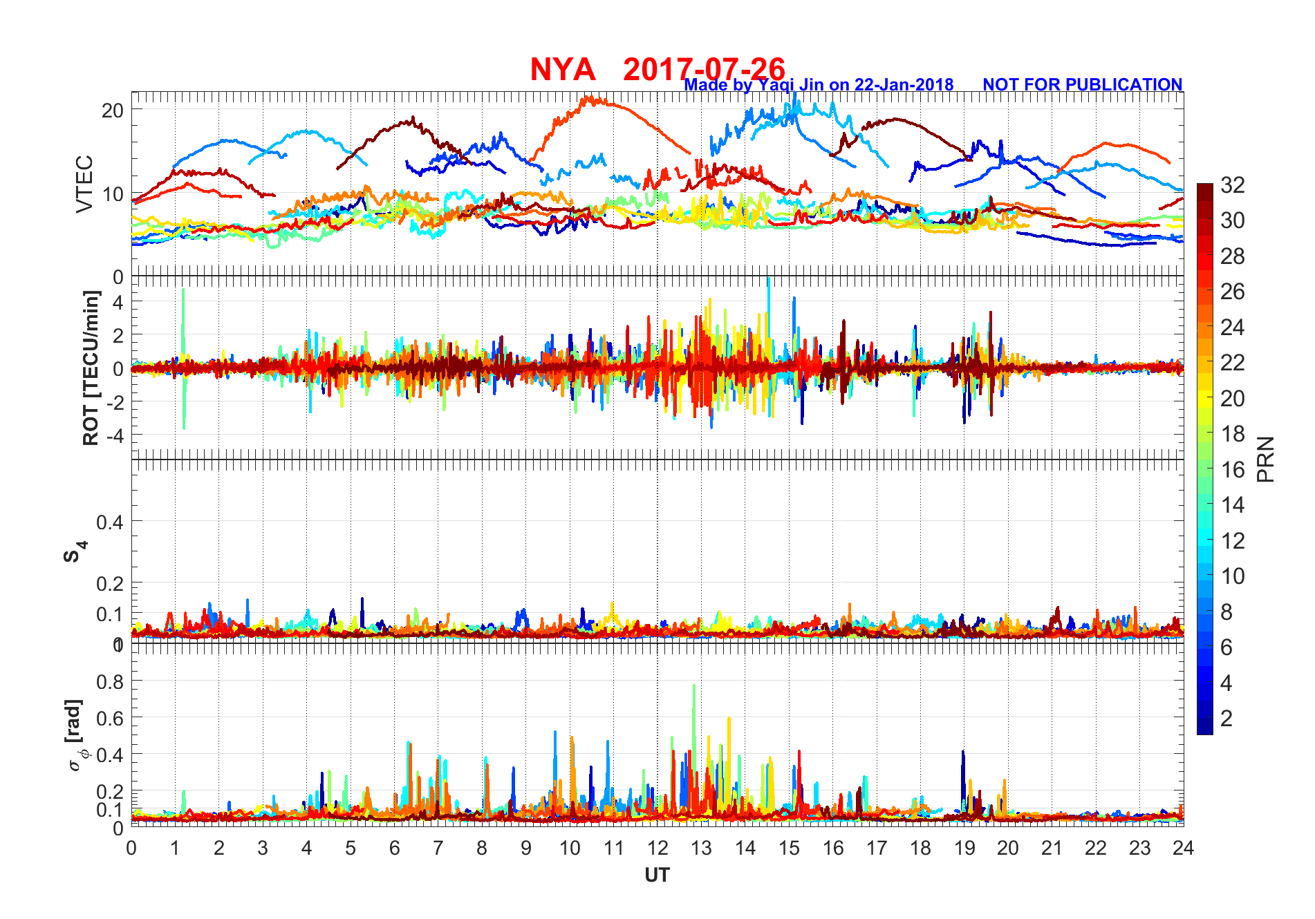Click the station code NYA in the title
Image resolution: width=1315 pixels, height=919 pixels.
coord(562,70)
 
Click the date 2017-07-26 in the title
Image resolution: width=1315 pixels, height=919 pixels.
coord(704,70)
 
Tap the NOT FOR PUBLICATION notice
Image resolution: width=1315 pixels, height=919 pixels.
coord(1082,84)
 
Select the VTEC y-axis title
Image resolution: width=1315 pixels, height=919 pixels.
coord(84,184)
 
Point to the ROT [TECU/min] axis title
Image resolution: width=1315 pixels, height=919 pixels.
coord(91,368)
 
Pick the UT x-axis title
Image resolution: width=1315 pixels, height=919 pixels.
coord(657,875)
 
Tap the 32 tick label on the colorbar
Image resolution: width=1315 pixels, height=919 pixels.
coord(1232,185)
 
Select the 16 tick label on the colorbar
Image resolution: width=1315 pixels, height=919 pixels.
coord(1232,470)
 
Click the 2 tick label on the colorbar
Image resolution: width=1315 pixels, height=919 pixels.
coord(1227,719)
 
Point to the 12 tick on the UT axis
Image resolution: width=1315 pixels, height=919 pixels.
coord(657,848)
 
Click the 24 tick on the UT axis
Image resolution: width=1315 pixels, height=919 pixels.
coord(1183,848)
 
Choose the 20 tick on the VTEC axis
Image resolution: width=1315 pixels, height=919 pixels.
coord(113,111)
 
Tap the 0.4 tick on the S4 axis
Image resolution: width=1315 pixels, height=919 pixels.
coord(110,522)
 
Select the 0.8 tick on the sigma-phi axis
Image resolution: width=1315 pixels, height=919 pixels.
coord(110,681)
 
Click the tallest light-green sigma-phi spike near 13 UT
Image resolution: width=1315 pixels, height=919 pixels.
coord(693,686)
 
